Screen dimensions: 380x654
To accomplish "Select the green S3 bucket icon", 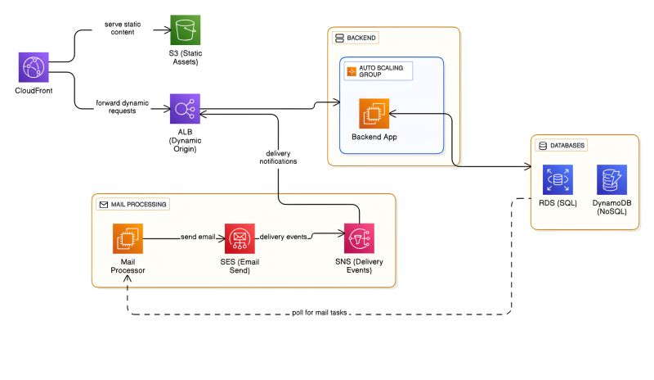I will click(185, 31).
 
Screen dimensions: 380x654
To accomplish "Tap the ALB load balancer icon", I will click(185, 109).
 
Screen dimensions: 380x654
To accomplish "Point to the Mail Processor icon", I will click(128, 239).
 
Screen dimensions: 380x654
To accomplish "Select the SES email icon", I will click(240, 239).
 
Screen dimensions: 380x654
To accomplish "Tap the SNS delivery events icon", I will click(359, 239).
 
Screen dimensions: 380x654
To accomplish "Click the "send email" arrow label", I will click(199, 237).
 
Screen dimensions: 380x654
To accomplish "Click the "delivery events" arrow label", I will click(284, 237).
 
